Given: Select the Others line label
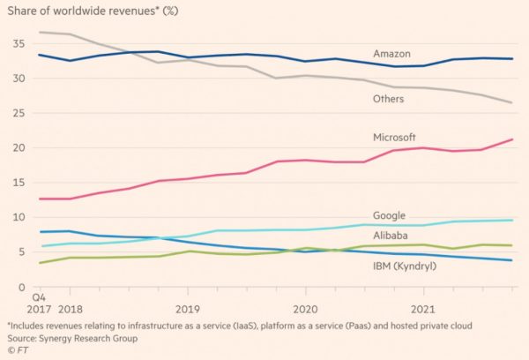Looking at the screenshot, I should (x=388, y=99).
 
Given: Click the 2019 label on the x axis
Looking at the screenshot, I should (x=188, y=311).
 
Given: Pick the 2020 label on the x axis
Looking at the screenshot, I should (x=305, y=311).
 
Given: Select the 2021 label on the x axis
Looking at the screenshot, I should (x=423, y=311).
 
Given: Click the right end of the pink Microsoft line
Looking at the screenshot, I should (x=512, y=139).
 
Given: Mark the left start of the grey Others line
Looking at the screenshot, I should (x=40, y=33).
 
